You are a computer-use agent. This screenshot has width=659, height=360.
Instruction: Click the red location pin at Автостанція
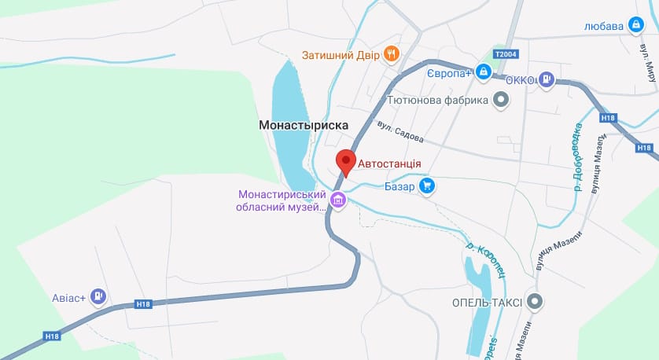[345, 162]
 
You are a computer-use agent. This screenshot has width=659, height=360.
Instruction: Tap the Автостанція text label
[390, 164]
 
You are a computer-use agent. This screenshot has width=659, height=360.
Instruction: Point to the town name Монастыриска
[304, 125]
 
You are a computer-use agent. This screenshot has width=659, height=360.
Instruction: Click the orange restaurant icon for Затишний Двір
[391, 54]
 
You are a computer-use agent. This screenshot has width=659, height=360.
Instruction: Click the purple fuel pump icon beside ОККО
[547, 79]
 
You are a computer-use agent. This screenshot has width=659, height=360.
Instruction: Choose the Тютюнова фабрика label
[439, 100]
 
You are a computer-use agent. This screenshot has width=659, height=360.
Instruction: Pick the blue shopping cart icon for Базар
[426, 186]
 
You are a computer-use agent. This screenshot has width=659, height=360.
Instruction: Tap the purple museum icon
[338, 200]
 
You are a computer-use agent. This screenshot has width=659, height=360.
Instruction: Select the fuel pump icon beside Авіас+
[98, 296]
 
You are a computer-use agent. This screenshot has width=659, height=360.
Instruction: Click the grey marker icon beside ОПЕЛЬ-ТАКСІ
[536, 301]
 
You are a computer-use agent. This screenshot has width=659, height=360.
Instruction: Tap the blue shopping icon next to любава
[635, 25]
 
